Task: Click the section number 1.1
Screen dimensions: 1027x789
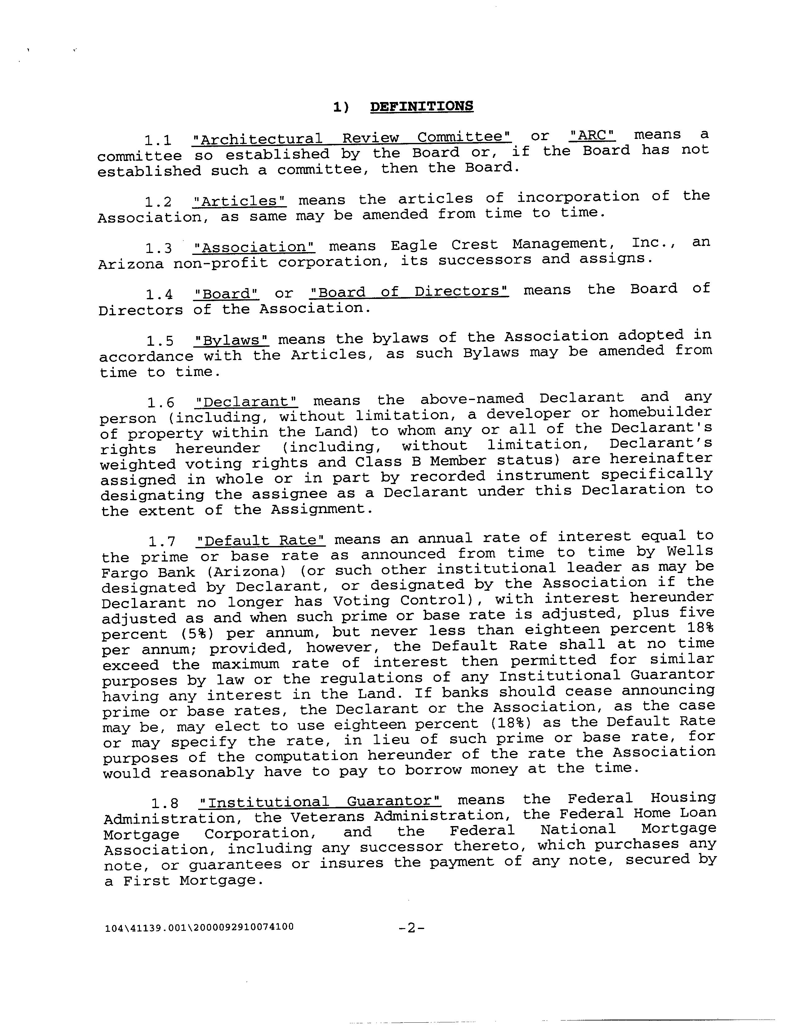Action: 158,140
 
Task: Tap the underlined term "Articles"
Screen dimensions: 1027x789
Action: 239,201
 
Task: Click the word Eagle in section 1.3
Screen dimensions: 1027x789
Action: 414,245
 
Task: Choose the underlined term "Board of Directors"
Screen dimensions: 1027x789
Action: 409,291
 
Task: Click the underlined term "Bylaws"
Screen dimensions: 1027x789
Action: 232,340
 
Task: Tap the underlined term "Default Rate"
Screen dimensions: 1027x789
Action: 261,540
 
